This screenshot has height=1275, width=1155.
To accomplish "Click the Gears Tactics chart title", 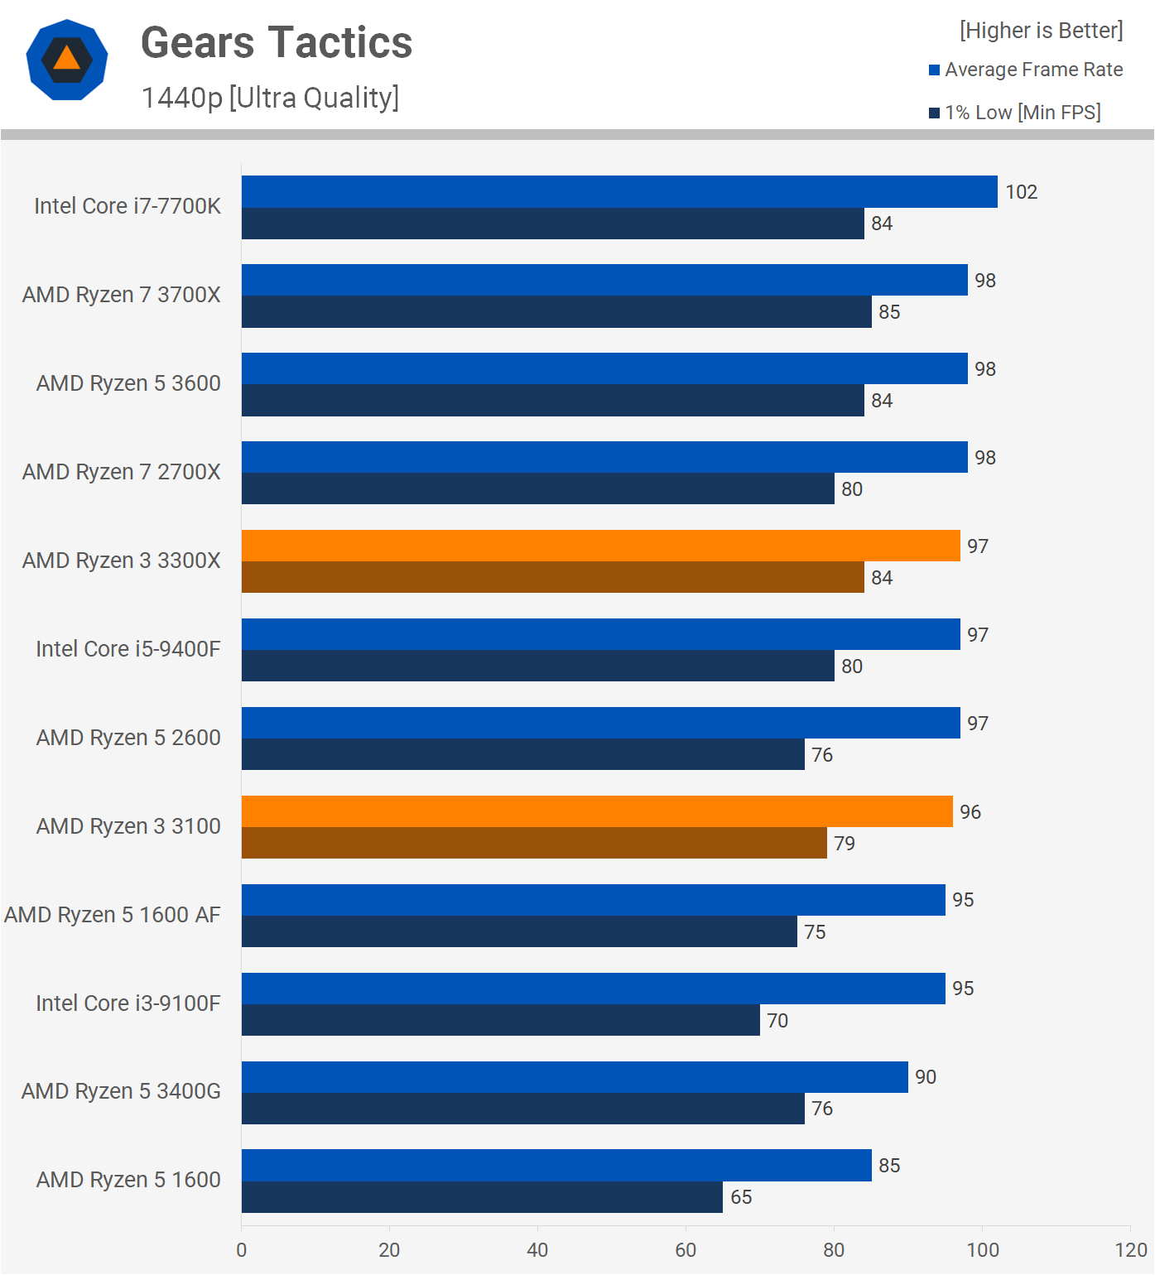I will coord(277,43).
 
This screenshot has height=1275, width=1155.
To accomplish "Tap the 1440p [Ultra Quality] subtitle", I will coord(270,98).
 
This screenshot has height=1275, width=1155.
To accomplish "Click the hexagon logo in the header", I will coord(67,60).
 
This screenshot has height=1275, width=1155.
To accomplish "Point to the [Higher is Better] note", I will coord(1041,31).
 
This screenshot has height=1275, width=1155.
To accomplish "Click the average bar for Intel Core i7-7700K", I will coord(619,191).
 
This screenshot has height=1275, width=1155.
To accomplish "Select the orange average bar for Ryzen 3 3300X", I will coord(600,546).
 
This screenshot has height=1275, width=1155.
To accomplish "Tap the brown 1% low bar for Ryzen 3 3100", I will coord(534,843).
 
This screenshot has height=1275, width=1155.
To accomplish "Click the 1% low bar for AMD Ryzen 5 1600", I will coord(482,1197).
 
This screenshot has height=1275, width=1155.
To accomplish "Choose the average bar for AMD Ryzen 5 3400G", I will coord(575,1077).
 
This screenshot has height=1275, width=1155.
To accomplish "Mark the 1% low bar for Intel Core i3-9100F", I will coord(500,1020).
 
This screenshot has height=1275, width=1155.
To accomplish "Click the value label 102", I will coord(1021,192).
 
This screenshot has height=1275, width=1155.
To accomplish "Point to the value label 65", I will coord(741,1197).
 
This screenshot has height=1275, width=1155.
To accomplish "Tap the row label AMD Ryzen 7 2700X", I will coord(122,472).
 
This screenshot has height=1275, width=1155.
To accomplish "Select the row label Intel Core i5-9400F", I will coord(128,649).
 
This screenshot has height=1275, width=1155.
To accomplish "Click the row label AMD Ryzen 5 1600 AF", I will coord(113,915).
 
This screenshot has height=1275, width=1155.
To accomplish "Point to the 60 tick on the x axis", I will coord(686,1250).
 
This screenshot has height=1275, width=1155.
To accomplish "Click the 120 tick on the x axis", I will coord(1130,1250).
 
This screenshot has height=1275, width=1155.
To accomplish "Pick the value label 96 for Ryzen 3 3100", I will coord(970,812).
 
